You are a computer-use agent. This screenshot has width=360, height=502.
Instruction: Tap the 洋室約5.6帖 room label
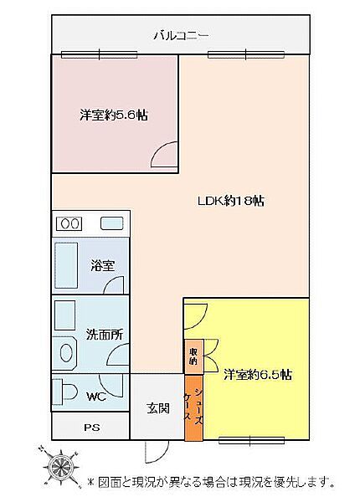click(114, 115)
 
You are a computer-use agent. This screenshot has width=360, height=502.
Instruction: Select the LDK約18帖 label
click(231, 201)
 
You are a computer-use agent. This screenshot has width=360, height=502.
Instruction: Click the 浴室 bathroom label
click(103, 266)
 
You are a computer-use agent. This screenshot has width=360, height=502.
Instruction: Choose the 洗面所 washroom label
click(105, 335)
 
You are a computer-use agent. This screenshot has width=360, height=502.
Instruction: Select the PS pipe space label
click(90, 428)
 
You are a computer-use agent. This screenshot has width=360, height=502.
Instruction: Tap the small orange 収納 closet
click(193, 356)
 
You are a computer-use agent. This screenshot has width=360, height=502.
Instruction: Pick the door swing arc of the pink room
click(165, 155)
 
